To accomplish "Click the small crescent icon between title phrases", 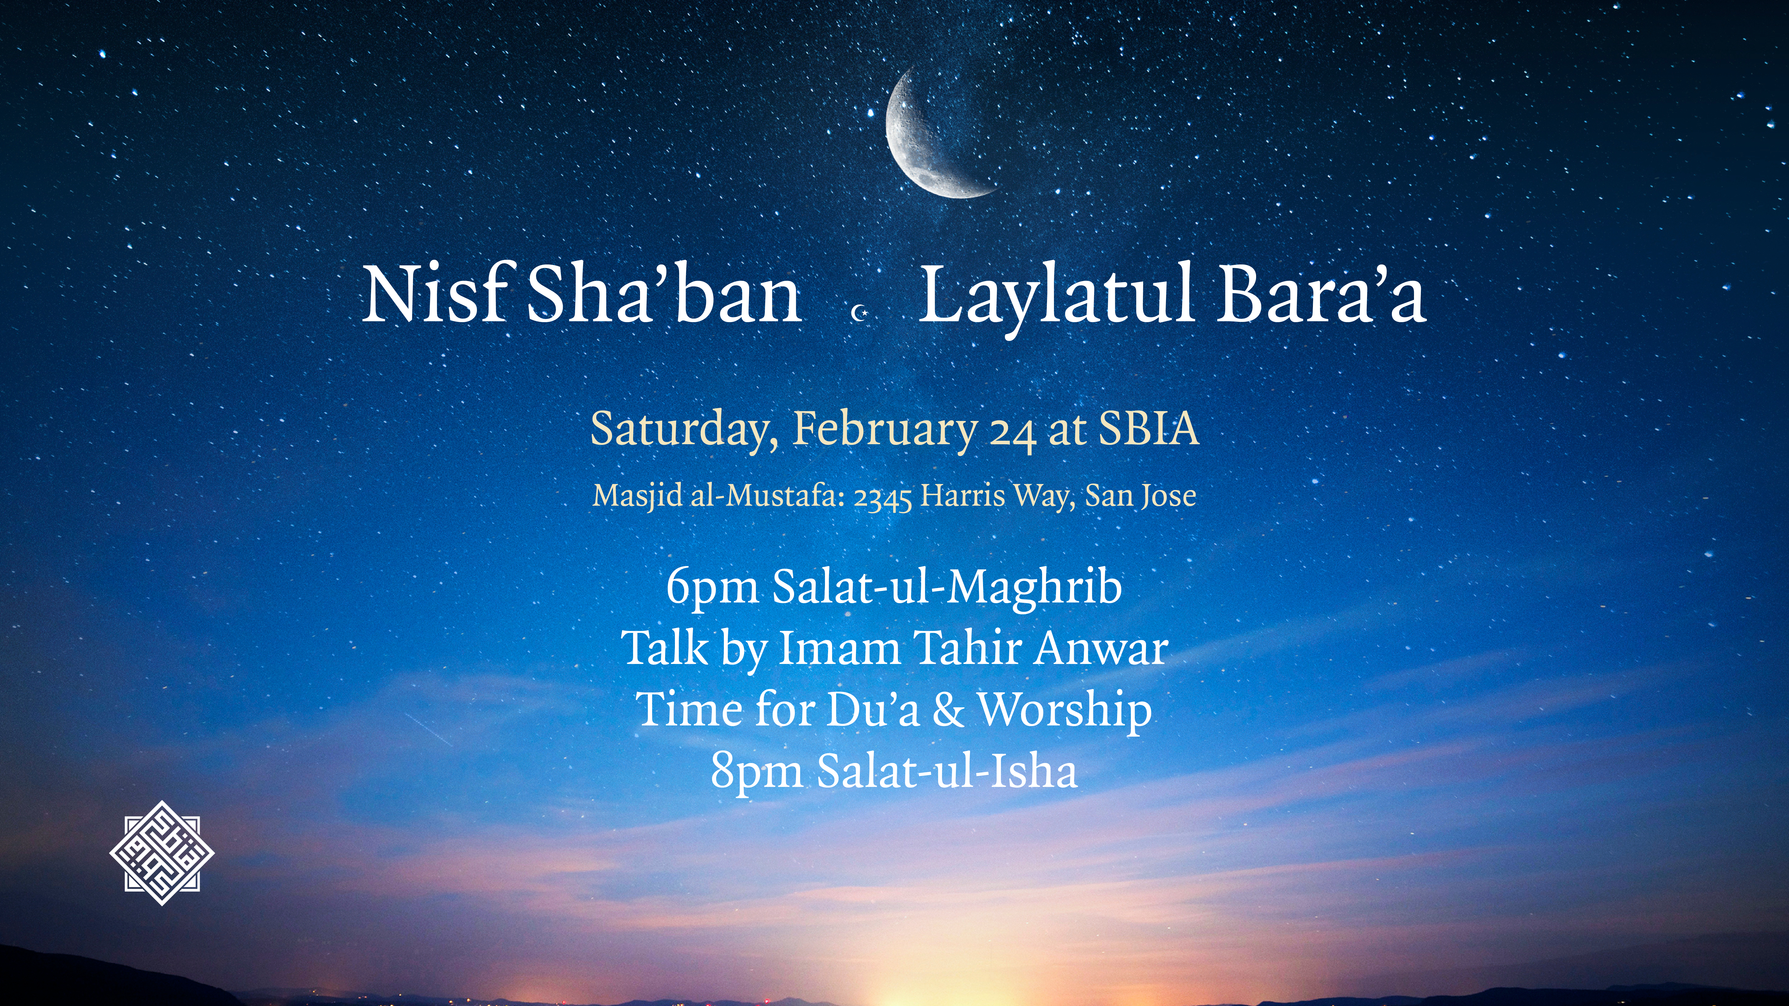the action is (860, 314).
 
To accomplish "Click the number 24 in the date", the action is (1013, 434).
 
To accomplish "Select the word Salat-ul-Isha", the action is (947, 771).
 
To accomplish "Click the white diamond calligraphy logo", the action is (162, 853).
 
